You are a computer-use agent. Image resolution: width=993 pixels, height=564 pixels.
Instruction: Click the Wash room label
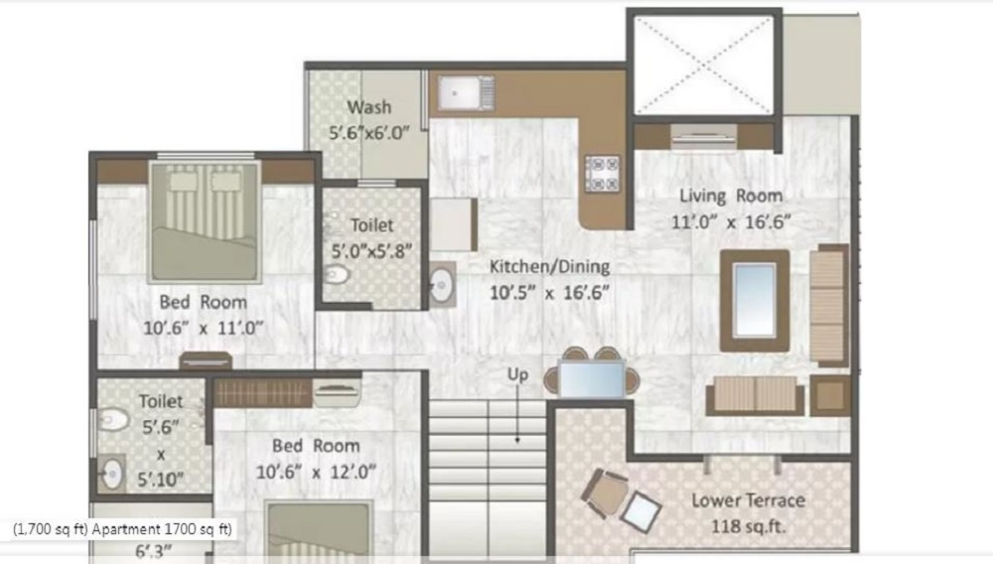[x=368, y=107]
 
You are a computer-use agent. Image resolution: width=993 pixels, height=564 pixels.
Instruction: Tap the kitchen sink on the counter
[x=466, y=92]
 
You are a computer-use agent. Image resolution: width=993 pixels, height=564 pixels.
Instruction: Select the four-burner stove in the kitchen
[x=602, y=174]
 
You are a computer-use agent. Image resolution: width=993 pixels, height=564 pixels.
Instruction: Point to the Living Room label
[x=731, y=196]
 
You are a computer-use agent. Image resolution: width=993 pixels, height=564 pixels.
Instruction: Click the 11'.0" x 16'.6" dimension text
[x=731, y=222]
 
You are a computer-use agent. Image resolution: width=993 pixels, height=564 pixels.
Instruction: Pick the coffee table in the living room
[x=755, y=301]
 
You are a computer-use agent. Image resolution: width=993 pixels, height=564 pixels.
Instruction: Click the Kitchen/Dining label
[x=550, y=266]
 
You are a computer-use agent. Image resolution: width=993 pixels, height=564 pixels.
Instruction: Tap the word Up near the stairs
[x=517, y=374]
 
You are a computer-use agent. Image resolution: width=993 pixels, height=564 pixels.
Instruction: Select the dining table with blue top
[x=592, y=378]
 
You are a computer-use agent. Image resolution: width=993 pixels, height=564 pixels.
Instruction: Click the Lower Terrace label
[x=748, y=500]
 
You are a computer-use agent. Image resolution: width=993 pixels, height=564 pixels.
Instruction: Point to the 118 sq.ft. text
[x=748, y=526]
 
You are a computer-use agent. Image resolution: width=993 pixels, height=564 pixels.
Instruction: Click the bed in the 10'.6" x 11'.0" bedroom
[x=205, y=220]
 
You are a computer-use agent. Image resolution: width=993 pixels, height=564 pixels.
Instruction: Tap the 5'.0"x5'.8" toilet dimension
[x=371, y=251]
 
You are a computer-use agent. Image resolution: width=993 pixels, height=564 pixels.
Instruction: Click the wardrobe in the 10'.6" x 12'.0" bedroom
[x=262, y=392]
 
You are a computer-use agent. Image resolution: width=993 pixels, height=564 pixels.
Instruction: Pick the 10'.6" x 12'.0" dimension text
[x=316, y=473]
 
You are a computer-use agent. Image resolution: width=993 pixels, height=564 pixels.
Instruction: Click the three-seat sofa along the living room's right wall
[x=828, y=306]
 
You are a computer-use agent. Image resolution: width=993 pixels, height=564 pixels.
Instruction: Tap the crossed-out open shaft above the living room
[x=704, y=64]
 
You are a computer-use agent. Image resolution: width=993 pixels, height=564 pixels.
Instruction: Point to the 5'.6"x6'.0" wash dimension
[x=368, y=134]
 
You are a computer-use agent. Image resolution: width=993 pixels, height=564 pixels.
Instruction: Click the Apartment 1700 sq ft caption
[x=162, y=529]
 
